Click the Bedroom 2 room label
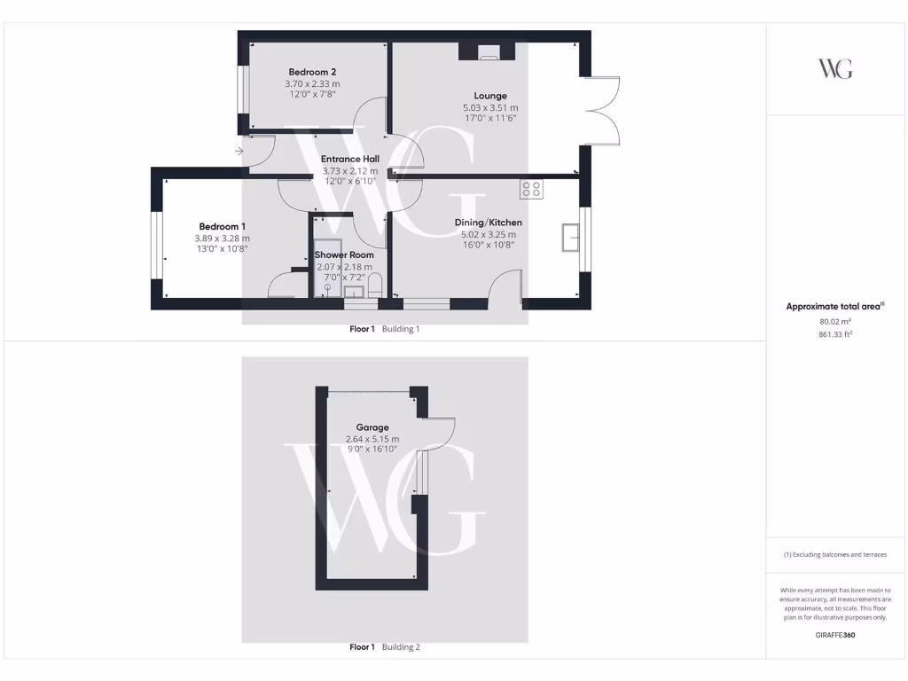click(x=312, y=72)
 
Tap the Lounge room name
click(x=489, y=96)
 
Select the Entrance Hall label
click(x=349, y=159)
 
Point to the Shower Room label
click(x=344, y=254)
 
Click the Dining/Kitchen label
click(x=488, y=223)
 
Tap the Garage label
click(x=372, y=427)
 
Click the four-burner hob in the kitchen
click(x=532, y=189)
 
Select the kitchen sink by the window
click(x=569, y=238)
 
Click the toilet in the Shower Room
click(x=374, y=286)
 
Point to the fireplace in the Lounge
click(x=488, y=53)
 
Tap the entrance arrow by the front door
click(x=239, y=152)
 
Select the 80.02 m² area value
click(x=834, y=322)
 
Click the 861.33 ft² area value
click(x=834, y=334)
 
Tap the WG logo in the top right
click(x=834, y=69)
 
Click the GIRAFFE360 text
click(x=834, y=635)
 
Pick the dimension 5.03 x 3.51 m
click(x=489, y=107)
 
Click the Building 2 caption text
click(x=401, y=647)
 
